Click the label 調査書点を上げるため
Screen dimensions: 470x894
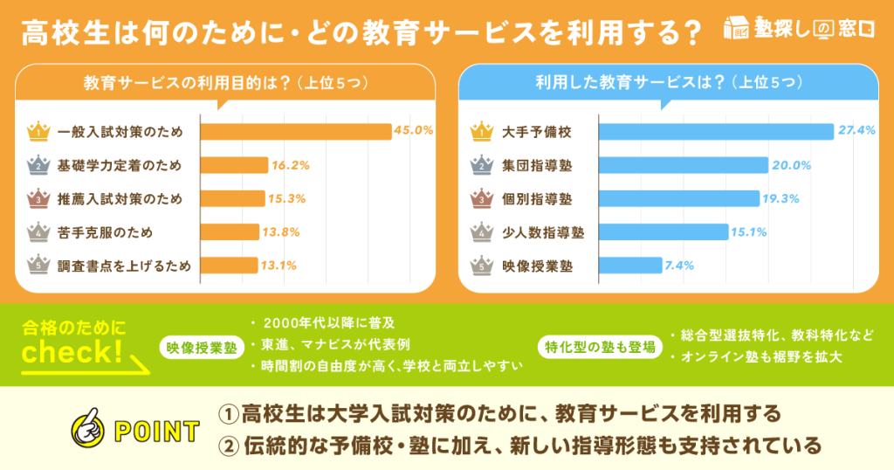coord(124,265)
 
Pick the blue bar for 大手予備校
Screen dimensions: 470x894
coord(716,132)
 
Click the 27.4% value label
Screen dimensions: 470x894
coord(856,132)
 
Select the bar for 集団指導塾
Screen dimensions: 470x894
coord(683,165)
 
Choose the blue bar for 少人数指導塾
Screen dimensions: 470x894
coord(663,232)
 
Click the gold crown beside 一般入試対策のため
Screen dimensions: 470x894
coord(39,132)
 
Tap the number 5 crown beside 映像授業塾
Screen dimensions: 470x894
coord(482,265)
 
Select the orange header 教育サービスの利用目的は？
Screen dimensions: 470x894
coord(223,84)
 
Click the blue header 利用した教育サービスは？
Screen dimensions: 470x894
coord(669,84)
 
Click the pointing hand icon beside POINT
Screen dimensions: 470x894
coord(89,429)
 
